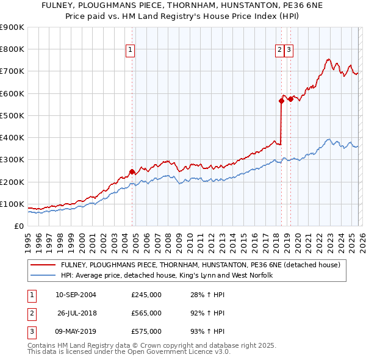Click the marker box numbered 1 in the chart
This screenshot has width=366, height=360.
(131, 51)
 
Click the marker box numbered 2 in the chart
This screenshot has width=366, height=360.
(279, 51)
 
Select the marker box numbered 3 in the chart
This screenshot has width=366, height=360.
(289, 51)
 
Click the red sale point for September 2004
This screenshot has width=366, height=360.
(132, 171)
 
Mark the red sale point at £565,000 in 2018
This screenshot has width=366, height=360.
(281, 101)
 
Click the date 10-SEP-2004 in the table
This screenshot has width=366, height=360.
(76, 295)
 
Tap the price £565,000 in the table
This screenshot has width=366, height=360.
(146, 313)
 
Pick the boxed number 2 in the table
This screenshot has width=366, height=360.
(31, 313)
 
